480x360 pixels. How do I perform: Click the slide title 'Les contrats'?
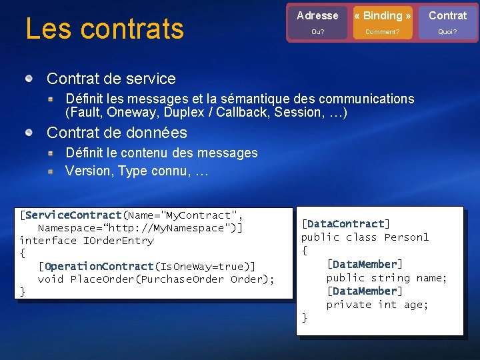point(104,28)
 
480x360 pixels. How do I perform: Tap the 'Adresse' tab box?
point(317,16)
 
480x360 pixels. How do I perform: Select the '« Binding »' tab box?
point(383,16)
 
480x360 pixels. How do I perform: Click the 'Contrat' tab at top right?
point(447,16)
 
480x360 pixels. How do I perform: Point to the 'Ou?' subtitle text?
point(317,31)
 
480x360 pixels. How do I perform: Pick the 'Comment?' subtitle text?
point(383,31)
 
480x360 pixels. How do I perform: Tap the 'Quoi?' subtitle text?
point(447,31)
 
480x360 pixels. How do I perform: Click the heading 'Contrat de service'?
point(111,79)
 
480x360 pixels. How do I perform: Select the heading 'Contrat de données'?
point(117,133)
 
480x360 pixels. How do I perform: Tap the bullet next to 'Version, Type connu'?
point(50,171)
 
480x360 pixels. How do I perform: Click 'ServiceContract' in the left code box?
point(73,215)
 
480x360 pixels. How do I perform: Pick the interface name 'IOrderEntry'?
point(118,241)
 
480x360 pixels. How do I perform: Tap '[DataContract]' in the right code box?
point(345,224)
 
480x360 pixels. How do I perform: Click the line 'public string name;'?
point(386,277)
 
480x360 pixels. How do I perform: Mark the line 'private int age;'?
point(377,304)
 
